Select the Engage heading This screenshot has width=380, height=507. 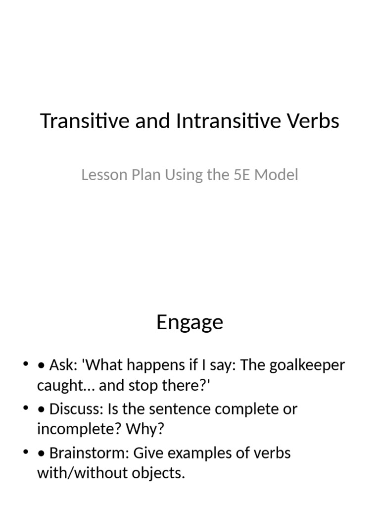tap(190, 322)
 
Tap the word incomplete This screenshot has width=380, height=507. tap(74, 429)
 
